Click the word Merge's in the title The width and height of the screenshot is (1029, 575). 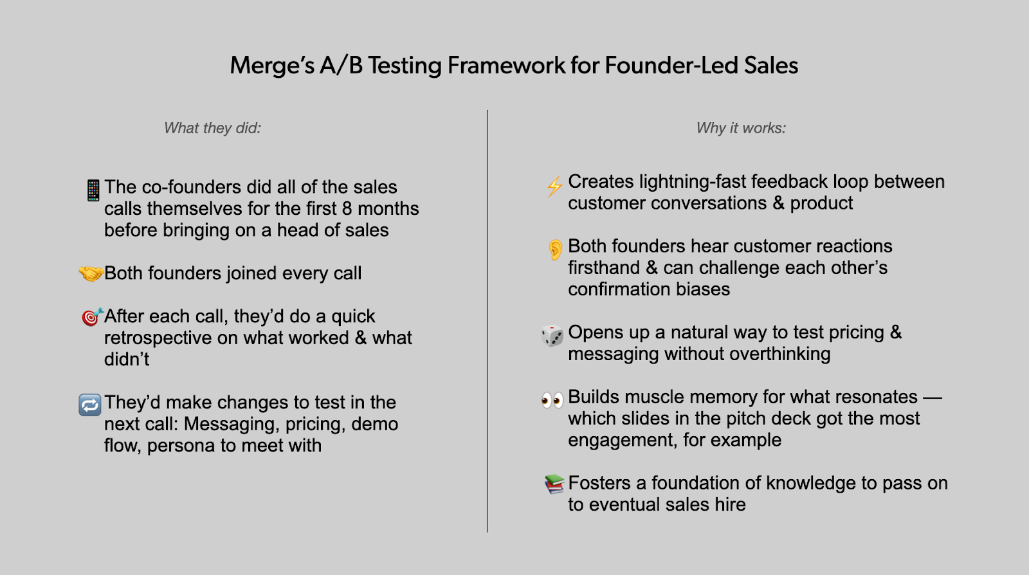pos(272,65)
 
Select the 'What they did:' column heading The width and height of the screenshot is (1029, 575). pos(212,128)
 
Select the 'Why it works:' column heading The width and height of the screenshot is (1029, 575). pos(741,128)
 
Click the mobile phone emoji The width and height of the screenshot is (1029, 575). pos(93,190)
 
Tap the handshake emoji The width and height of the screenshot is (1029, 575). pos(91,273)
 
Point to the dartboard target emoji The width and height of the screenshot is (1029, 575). pos(92,317)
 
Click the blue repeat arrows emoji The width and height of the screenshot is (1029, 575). pos(90,405)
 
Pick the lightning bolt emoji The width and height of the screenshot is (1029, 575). pos(554,187)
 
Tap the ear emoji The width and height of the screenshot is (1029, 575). pos(555,250)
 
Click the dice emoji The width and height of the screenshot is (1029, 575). pos(552,336)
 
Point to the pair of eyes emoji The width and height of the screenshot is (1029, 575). pos(552,399)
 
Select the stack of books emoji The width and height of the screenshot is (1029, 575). pos(554,484)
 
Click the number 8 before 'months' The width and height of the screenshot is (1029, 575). pos(347,209)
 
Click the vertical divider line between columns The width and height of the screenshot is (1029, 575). pos(487,321)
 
